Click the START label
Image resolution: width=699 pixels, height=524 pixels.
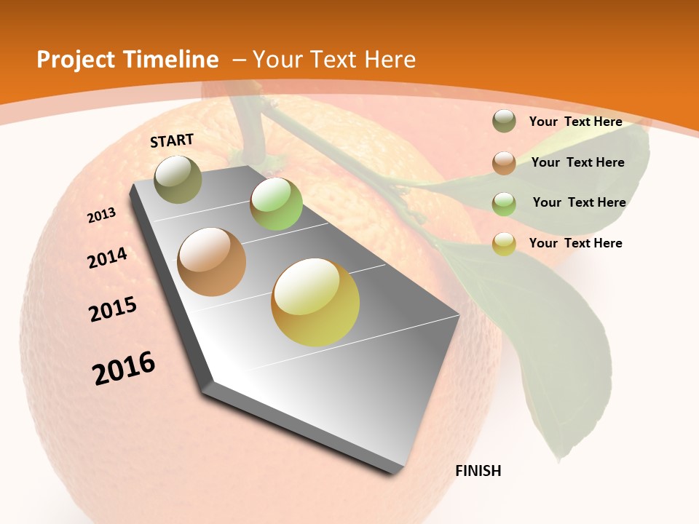172,140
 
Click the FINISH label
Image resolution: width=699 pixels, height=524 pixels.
478,471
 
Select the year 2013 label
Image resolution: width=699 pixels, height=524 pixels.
102,215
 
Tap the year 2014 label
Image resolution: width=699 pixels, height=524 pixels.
107,258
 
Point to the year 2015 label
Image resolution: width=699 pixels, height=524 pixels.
113,309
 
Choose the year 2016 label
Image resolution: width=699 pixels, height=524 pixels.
124,368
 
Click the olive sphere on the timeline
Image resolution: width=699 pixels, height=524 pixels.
178,179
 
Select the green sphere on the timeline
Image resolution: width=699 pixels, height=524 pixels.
276,204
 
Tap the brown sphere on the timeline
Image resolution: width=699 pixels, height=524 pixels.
212,262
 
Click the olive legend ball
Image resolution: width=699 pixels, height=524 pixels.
504,122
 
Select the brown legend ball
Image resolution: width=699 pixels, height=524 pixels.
504,163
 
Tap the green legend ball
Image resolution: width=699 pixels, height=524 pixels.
504,204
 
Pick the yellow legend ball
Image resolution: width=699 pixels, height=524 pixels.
504,244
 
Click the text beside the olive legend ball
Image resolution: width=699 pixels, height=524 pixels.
576,122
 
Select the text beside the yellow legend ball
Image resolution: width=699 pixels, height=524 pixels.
576,243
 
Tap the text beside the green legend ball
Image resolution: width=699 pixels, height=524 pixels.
579,202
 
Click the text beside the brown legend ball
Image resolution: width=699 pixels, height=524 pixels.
578,162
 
